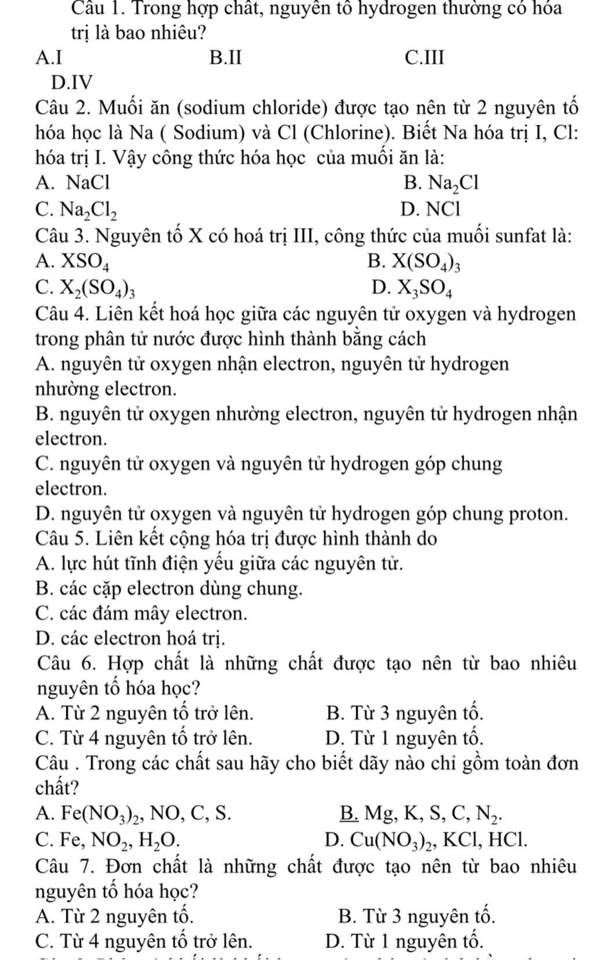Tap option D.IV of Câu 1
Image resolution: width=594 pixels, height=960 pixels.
[x=71, y=83]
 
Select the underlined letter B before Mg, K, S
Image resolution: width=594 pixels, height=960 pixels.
[x=349, y=814]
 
